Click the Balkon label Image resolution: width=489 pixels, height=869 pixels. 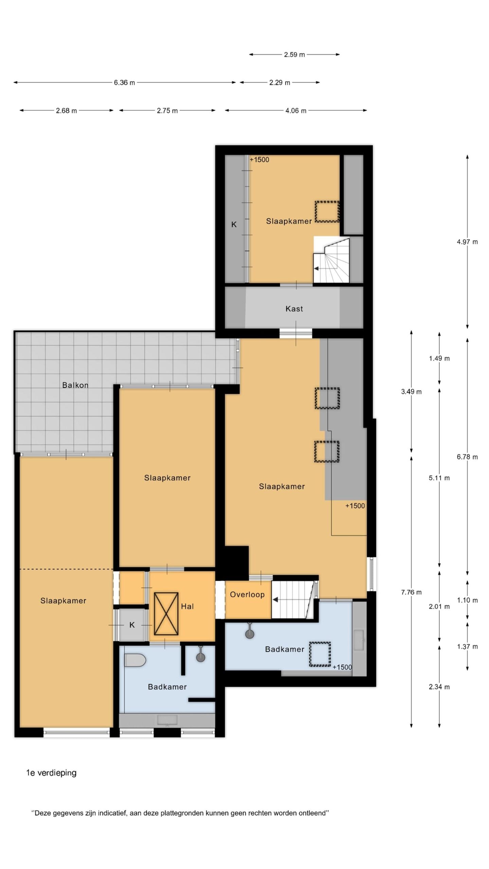coord(75,385)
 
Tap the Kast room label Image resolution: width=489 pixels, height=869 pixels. coord(294,309)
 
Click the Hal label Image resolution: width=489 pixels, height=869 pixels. coord(187,606)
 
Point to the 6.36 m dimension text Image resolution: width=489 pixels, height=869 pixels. coord(124,82)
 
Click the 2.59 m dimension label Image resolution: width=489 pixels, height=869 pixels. coord(294,54)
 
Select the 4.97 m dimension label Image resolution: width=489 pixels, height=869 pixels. coord(467,242)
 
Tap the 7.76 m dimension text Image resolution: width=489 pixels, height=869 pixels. coord(411,592)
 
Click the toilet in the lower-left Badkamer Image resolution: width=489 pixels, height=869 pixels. coord(135,660)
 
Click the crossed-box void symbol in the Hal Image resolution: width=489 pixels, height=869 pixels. coord(166,613)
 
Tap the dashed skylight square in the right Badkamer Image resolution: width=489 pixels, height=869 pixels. coord(320,654)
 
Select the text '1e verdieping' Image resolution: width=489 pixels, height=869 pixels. coord(51,773)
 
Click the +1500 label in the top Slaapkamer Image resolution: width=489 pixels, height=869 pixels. coord(259,160)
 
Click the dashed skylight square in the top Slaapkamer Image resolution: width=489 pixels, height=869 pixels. coord(327,212)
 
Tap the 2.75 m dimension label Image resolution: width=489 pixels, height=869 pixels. coord(167,111)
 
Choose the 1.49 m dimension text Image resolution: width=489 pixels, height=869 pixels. coord(439,358)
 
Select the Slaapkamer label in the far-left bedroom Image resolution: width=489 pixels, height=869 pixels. coord(63,600)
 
